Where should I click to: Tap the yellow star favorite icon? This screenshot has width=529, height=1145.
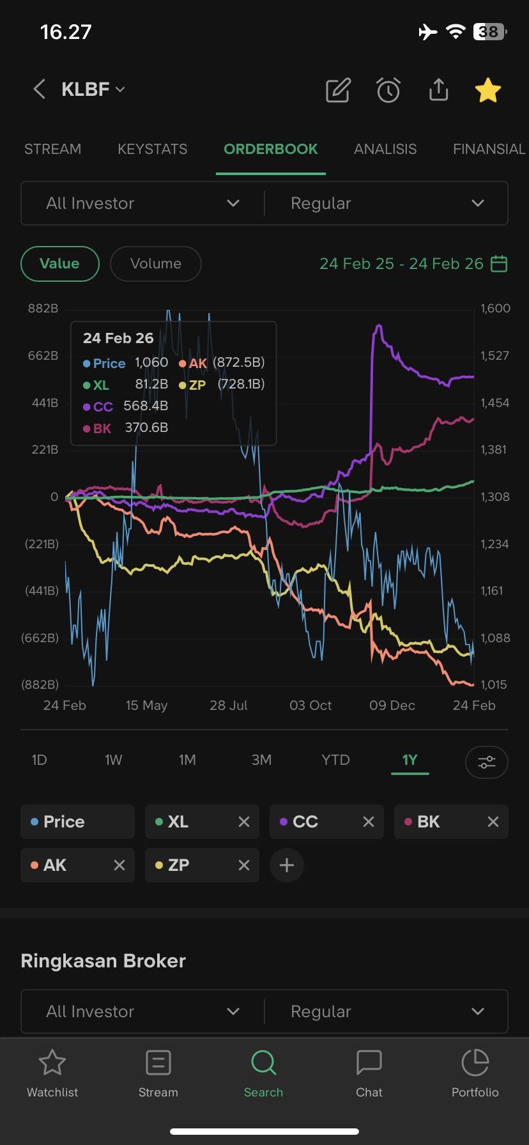(x=487, y=90)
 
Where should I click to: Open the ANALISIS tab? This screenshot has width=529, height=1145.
(x=385, y=149)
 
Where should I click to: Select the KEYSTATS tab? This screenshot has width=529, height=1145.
(x=153, y=149)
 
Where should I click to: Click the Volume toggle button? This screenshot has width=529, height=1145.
(x=156, y=263)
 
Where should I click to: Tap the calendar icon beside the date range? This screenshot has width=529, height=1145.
(x=499, y=263)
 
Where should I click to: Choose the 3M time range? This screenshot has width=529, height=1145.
(x=261, y=760)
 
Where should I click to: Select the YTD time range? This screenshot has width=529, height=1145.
(x=335, y=760)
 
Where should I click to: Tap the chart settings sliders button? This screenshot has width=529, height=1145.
(x=487, y=762)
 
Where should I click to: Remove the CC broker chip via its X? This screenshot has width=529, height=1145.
(x=369, y=822)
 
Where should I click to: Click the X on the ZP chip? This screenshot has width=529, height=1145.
(x=244, y=865)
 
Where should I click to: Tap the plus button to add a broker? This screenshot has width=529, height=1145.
(x=287, y=865)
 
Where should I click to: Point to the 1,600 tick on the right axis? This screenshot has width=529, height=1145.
(x=495, y=308)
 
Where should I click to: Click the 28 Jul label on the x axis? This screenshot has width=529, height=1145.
(x=229, y=705)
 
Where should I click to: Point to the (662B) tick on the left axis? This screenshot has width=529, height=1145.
(x=40, y=638)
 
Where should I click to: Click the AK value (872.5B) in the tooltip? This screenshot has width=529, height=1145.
(x=238, y=362)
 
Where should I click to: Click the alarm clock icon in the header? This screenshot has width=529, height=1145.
(x=388, y=90)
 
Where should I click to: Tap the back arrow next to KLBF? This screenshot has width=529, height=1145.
(x=39, y=89)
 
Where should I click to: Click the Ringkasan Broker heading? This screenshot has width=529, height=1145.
(x=103, y=961)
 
